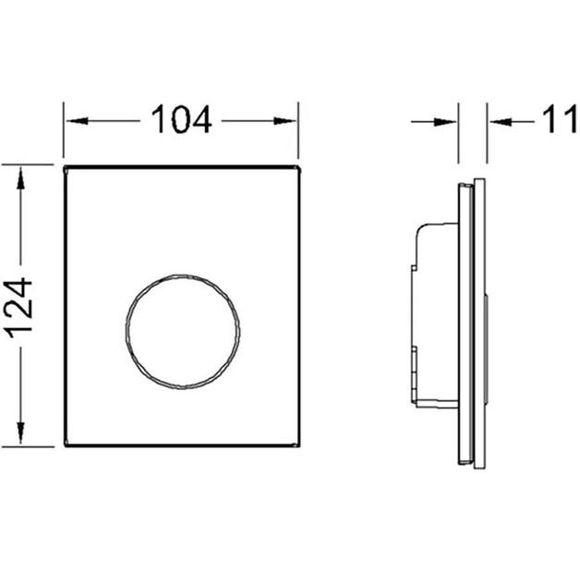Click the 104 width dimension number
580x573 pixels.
coord(181,119)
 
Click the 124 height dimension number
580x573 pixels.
coord(20,308)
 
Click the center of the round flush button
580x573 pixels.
coord(182,332)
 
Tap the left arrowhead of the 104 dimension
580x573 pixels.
coord(77,121)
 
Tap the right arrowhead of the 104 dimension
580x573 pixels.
coord(284,121)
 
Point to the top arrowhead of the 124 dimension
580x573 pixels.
coord(20,178)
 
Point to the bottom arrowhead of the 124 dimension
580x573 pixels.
coord(20,433)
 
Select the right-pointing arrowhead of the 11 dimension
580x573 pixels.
coord(445,122)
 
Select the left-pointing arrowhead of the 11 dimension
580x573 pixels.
coord(500,122)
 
